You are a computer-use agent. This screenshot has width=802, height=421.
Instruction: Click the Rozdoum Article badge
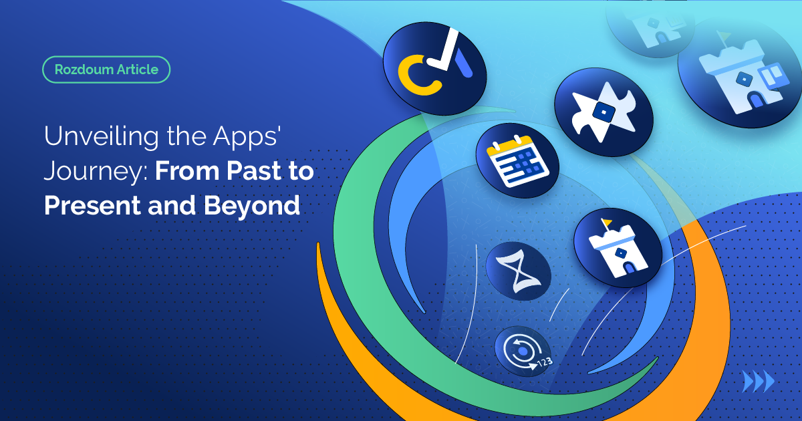(106, 69)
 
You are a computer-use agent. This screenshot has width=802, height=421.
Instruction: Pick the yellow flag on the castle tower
(607, 222)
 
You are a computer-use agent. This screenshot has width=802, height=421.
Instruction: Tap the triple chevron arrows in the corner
(759, 382)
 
